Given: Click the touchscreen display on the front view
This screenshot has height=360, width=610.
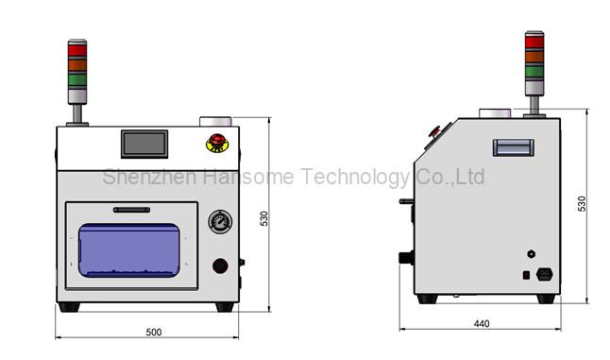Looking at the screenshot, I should (x=144, y=145).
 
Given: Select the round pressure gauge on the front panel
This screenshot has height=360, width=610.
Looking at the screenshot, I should (x=220, y=223).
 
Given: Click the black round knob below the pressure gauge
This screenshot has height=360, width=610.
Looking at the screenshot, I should (x=221, y=266).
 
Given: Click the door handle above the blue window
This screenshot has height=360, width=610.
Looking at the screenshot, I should (x=131, y=210).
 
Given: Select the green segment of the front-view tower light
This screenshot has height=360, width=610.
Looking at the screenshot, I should (x=76, y=79).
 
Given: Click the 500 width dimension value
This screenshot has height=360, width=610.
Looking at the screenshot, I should (x=154, y=332).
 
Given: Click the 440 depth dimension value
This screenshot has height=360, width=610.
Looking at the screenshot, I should (x=481, y=324).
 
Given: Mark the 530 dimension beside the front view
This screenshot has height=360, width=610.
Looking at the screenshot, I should (x=265, y=217).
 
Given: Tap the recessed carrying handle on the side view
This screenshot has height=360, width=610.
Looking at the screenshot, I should (x=513, y=147).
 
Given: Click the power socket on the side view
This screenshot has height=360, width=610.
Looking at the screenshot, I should (x=544, y=275).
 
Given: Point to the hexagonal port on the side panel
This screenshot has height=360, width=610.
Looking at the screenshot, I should (x=530, y=253).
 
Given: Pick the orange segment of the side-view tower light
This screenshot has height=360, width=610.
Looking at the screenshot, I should (x=534, y=55).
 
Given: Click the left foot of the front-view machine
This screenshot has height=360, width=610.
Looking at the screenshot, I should (x=70, y=306).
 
